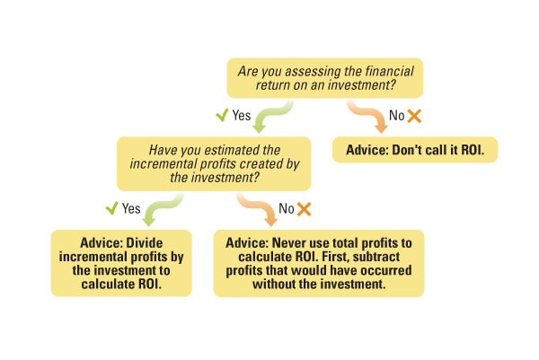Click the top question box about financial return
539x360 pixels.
325,78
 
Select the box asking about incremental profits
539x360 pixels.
214,164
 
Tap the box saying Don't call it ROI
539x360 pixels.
415,150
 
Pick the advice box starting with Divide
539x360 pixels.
121,263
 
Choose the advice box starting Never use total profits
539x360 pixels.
319,263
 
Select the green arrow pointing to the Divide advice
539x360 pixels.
162,207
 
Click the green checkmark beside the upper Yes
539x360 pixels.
222,115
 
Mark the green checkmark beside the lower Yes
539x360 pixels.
111,208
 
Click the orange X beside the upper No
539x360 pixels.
414,116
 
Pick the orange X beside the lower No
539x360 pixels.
304,209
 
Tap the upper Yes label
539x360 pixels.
242,116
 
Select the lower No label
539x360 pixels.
287,208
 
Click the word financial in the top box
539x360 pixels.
389,72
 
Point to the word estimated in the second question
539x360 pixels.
228,150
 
